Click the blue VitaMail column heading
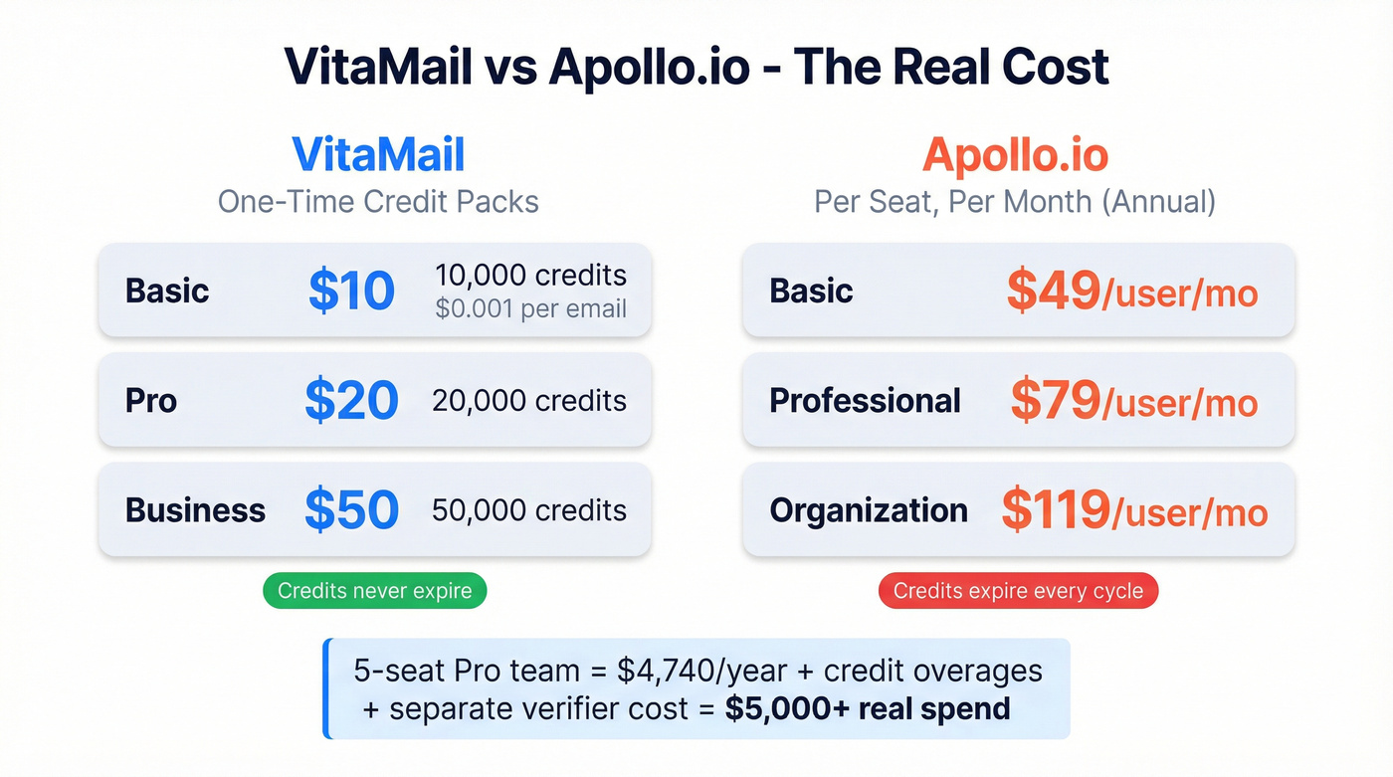(x=378, y=155)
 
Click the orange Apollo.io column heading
(x=1015, y=155)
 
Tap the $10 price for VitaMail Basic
(x=351, y=291)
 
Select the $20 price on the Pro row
(x=351, y=400)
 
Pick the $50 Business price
(x=351, y=509)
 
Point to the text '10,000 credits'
(x=530, y=276)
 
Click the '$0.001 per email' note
(x=530, y=308)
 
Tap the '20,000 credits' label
(x=529, y=401)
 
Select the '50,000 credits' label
(x=529, y=510)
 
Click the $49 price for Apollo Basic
(x=1053, y=291)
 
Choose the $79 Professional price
(x=1056, y=400)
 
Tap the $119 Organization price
(x=1056, y=509)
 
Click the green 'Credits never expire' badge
(x=374, y=591)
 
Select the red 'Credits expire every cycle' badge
(x=1018, y=591)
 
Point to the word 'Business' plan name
(x=195, y=510)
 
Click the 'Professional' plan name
(x=865, y=401)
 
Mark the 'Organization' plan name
(x=869, y=510)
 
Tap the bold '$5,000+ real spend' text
(x=868, y=708)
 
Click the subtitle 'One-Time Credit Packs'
(x=378, y=202)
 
